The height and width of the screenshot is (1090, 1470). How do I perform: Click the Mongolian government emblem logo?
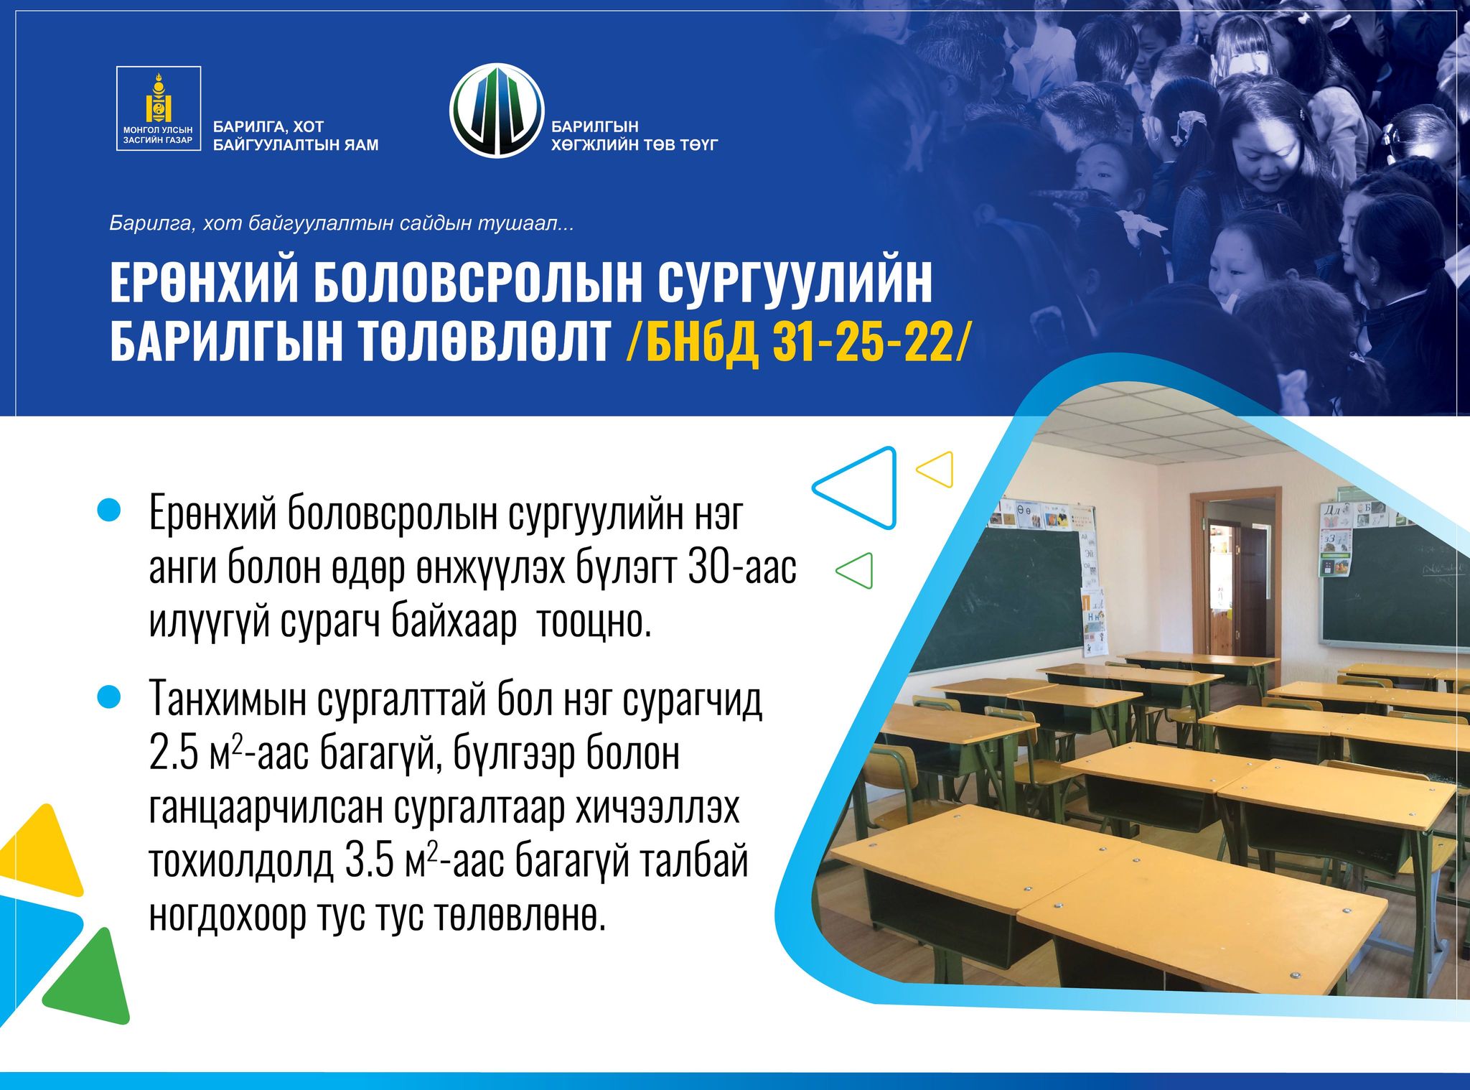tap(159, 108)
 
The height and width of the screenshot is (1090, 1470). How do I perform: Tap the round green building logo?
tap(497, 111)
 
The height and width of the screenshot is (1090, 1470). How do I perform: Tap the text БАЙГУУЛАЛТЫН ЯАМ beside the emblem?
tap(296, 145)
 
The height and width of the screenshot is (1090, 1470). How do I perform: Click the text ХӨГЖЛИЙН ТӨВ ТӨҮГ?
tap(635, 145)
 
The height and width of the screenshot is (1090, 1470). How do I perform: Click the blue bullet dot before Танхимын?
tap(108, 697)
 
